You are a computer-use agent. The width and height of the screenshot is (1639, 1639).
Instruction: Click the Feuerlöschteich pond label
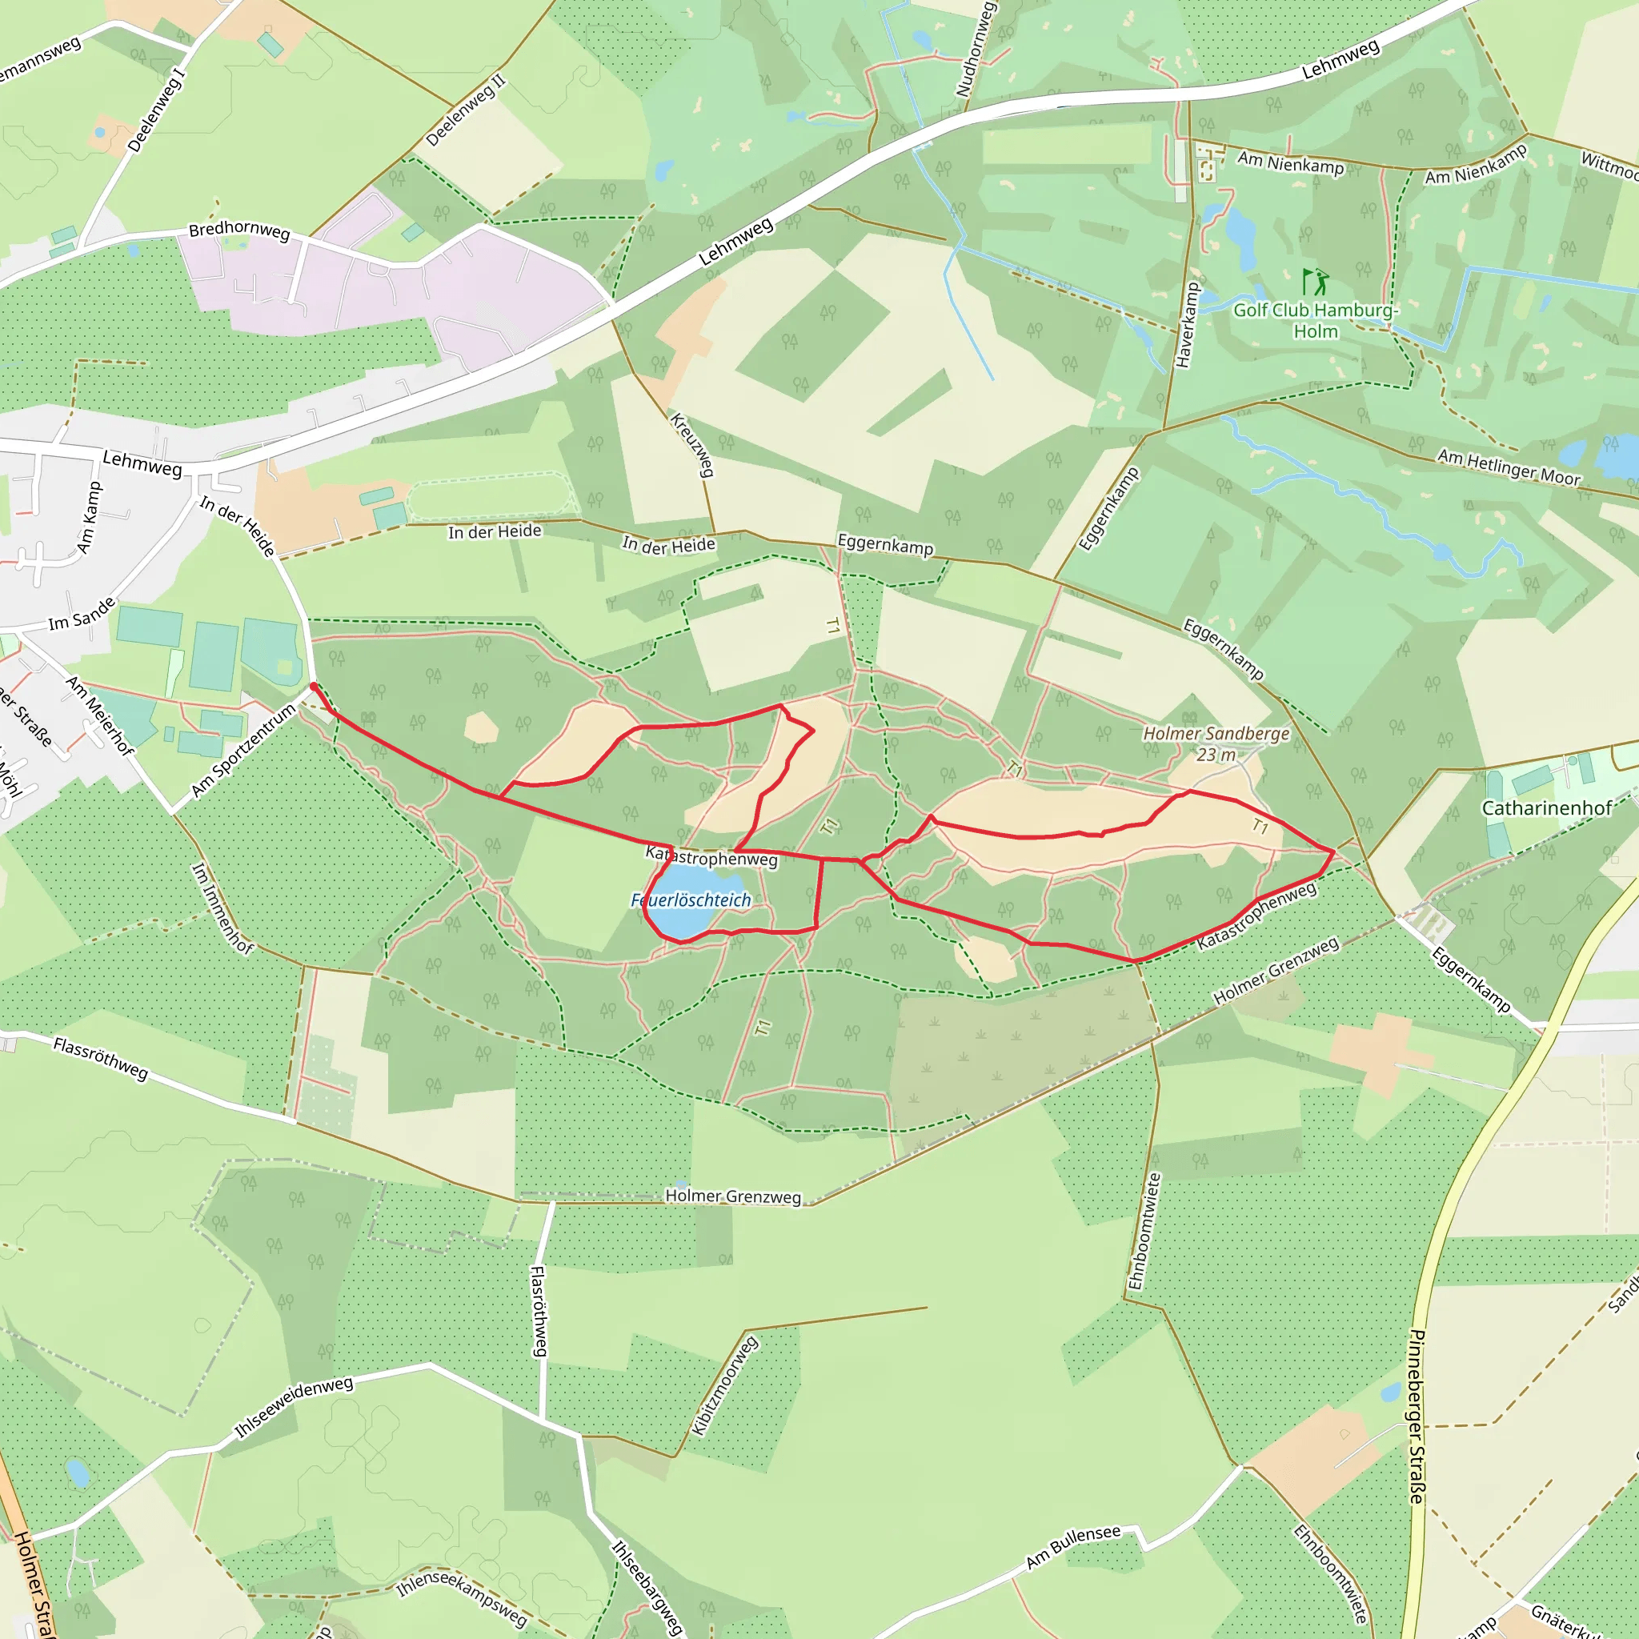point(691,900)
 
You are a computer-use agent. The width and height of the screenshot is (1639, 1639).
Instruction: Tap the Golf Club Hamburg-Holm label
point(1314,321)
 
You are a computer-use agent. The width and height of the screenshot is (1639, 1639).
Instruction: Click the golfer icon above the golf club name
point(1315,281)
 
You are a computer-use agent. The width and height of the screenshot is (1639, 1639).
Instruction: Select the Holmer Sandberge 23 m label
point(1216,743)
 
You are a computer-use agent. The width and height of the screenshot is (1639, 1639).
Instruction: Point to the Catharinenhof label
point(1546,807)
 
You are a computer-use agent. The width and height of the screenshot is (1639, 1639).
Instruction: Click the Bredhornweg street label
point(239,230)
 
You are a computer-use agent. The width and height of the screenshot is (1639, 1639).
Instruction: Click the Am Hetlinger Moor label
point(1509,467)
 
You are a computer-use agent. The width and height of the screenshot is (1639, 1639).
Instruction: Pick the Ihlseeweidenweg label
point(294,1408)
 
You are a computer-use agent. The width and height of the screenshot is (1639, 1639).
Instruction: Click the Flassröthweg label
point(100,1059)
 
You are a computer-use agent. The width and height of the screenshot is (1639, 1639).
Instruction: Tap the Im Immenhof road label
point(222,908)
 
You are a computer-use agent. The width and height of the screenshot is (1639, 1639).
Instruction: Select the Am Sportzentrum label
point(243,750)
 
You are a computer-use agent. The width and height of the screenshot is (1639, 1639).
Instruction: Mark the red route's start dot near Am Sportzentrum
point(314,686)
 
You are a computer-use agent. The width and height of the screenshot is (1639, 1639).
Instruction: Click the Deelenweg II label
point(465,110)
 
